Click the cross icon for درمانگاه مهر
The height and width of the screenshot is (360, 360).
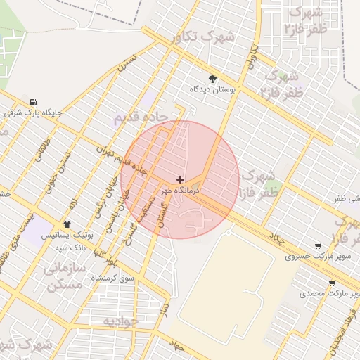[x=181, y=180]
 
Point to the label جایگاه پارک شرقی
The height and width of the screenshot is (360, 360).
[x=34, y=112]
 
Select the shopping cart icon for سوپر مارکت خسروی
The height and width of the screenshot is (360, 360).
[x=319, y=246]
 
